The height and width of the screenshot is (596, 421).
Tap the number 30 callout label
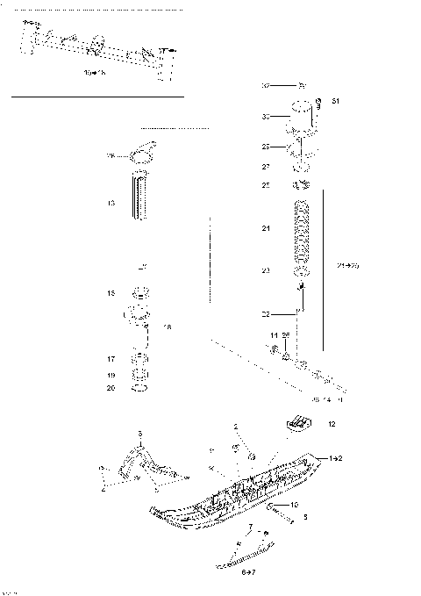click(266, 116)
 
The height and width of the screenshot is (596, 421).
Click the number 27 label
click(266, 165)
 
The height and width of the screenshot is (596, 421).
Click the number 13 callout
click(111, 203)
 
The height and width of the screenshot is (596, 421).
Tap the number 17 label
click(111, 358)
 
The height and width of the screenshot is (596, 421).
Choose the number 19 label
click(111, 375)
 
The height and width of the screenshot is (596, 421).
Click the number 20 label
click(111, 387)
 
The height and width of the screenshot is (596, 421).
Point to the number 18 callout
click(168, 327)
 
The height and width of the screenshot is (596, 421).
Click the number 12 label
click(331, 424)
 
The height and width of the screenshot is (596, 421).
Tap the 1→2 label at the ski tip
click(335, 458)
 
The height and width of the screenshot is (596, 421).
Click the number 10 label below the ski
click(295, 505)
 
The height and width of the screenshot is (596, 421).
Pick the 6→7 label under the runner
click(248, 571)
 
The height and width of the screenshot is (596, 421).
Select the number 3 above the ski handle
click(139, 434)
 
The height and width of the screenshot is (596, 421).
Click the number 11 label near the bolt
click(274, 336)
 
